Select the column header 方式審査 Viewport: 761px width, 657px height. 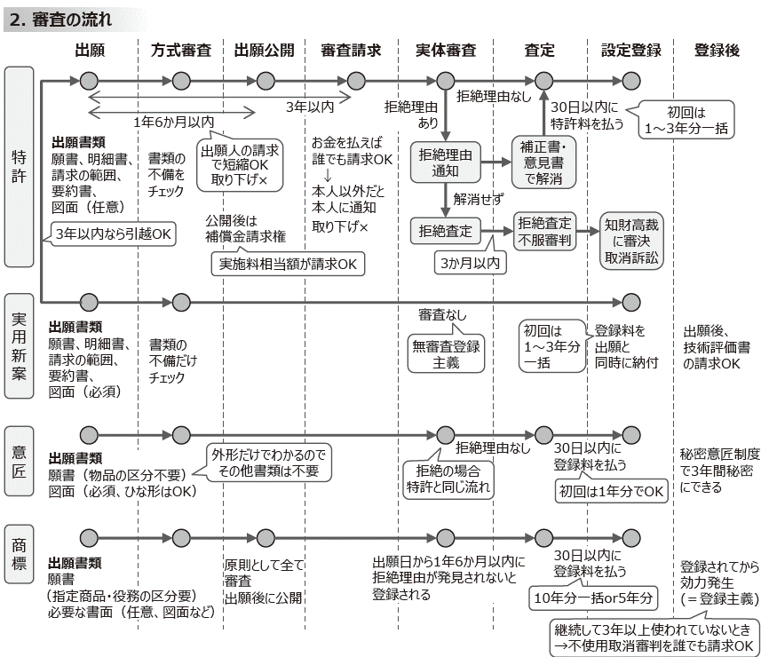(181, 51)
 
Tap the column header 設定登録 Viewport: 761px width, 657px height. (630, 51)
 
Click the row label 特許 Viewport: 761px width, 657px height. (19, 165)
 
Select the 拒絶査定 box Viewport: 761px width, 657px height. (446, 231)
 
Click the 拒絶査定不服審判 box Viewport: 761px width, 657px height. (544, 231)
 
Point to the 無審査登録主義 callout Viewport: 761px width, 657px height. (446, 352)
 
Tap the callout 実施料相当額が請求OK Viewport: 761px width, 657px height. (289, 264)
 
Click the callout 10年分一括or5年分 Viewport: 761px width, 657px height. (592, 598)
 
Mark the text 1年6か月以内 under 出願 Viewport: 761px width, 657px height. (174, 121)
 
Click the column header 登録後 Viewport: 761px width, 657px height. (717, 51)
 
